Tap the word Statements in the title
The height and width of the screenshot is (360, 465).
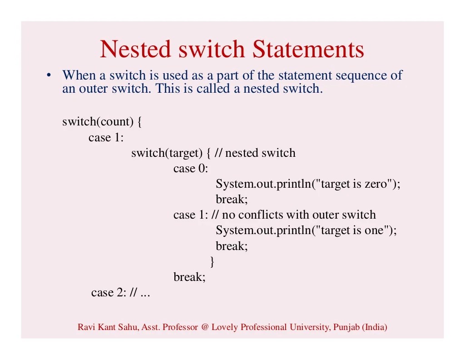pyautogui.click(x=308, y=50)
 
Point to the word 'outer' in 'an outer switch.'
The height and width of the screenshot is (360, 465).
pyautogui.click(x=94, y=88)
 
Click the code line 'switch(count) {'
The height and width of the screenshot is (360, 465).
pyautogui.click(x=102, y=122)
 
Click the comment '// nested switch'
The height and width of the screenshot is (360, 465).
pyautogui.click(x=255, y=153)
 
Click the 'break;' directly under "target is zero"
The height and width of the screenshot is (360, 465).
pyautogui.click(x=232, y=199)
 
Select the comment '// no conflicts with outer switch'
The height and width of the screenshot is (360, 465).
pyautogui.click(x=293, y=215)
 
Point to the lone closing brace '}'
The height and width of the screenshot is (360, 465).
pyautogui.click(x=212, y=261)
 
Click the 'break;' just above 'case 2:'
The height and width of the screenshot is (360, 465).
pyautogui.click(x=189, y=276)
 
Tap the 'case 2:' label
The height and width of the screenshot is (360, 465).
pyautogui.click(x=109, y=292)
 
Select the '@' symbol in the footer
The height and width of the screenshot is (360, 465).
pyautogui.click(x=204, y=327)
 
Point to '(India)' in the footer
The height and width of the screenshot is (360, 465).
pyautogui.click(x=375, y=327)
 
